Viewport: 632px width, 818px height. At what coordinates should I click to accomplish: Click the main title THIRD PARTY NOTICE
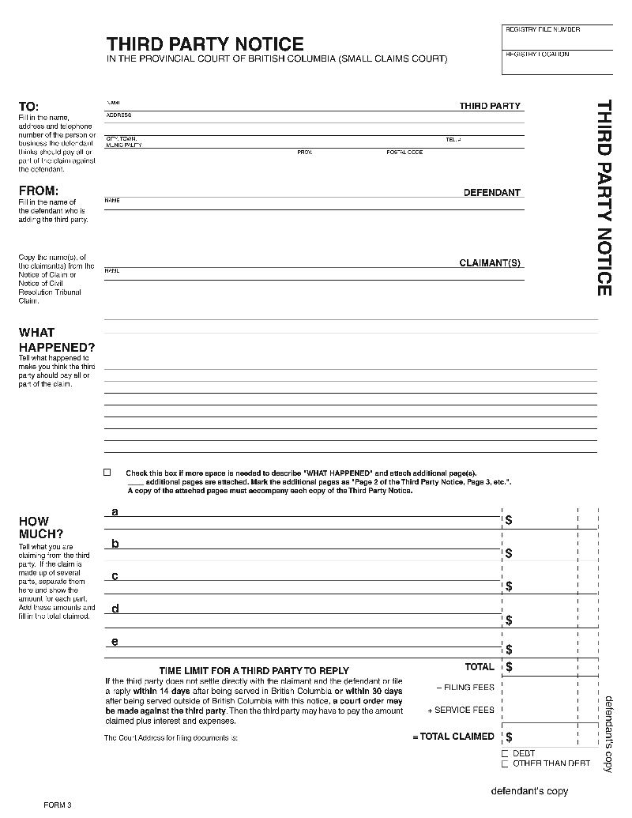click(205, 43)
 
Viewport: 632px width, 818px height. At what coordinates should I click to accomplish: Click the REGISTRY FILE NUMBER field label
click(542, 30)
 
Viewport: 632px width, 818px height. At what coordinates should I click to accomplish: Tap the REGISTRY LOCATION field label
click(537, 55)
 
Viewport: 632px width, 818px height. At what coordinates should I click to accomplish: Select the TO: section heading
click(28, 107)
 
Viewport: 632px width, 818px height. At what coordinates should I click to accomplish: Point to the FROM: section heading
click(38, 190)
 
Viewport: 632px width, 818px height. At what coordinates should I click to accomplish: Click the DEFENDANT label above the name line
click(491, 193)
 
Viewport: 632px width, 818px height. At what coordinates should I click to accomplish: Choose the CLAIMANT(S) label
click(490, 263)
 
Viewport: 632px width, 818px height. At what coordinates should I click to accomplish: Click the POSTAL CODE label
click(404, 153)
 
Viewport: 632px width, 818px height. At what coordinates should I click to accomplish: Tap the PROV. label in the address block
click(305, 153)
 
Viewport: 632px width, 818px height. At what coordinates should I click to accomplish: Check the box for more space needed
click(107, 472)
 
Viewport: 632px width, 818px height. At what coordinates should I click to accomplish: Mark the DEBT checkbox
click(505, 754)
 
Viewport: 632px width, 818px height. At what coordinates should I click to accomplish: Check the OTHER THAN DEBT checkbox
click(505, 763)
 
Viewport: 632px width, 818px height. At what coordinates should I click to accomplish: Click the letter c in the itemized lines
click(115, 576)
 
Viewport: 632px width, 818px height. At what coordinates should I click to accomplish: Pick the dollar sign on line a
click(509, 520)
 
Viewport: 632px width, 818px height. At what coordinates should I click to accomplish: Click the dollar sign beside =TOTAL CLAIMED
click(509, 737)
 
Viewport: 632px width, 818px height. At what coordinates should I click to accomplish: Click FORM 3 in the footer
click(58, 805)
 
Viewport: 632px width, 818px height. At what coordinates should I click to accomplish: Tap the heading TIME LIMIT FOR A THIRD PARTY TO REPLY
click(254, 670)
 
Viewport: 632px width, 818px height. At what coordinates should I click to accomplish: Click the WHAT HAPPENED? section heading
click(56, 340)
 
